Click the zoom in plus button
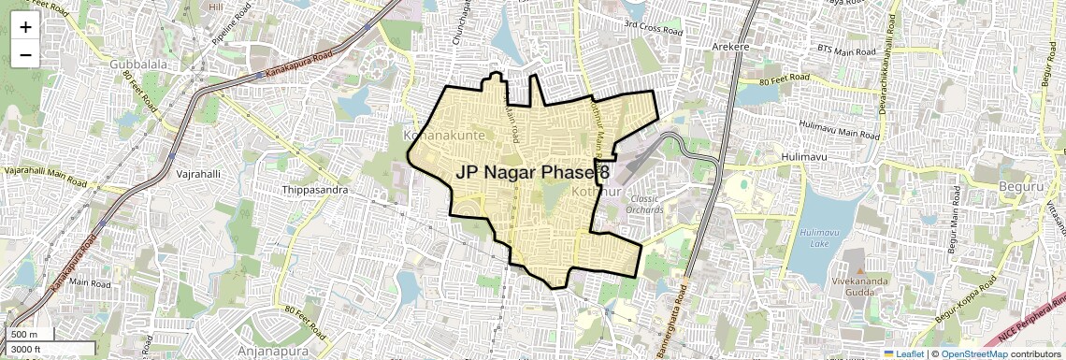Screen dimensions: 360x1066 pyautogui.click(x=25, y=26)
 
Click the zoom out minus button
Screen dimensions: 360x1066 pyautogui.click(x=25, y=54)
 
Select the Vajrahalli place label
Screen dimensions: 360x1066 pyautogui.click(x=197, y=174)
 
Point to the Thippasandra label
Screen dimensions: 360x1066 pyautogui.click(x=315, y=190)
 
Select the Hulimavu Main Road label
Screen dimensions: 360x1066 pyautogui.click(x=840, y=130)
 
